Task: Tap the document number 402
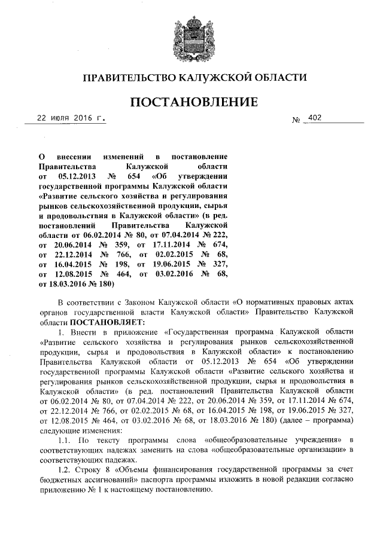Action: click(x=315, y=118)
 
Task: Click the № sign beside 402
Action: click(x=296, y=120)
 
